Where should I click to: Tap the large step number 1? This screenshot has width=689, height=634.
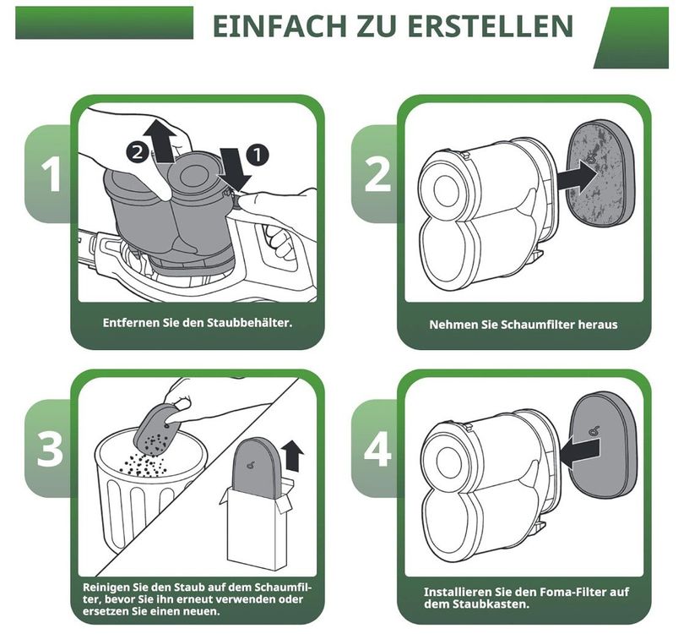pyautogui.click(x=52, y=175)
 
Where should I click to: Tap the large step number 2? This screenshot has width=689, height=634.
pyautogui.click(x=377, y=175)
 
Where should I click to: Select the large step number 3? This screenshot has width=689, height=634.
pyautogui.click(x=50, y=449)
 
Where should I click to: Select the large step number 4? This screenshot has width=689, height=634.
pyautogui.click(x=377, y=449)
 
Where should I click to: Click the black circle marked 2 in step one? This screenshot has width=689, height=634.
pyautogui.click(x=137, y=153)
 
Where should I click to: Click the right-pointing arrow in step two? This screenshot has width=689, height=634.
pyautogui.click(x=578, y=177)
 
